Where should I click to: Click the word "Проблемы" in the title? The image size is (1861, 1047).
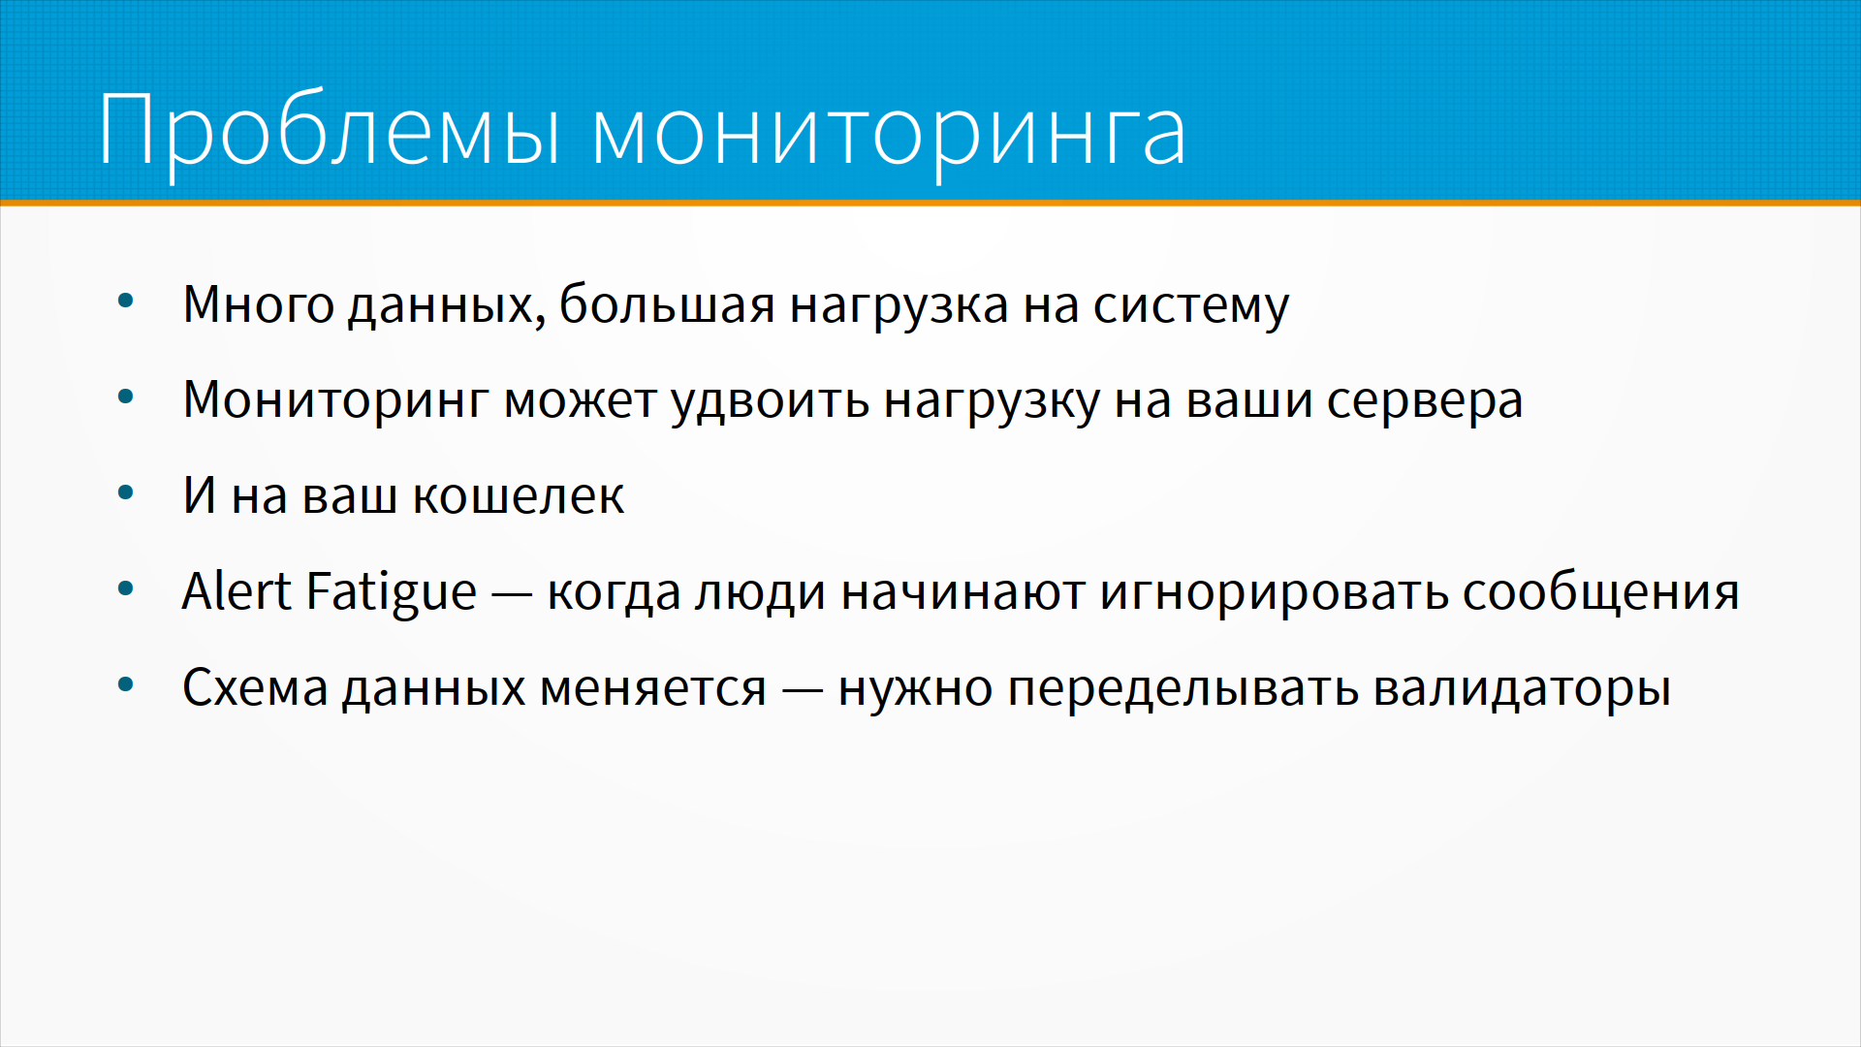(330, 132)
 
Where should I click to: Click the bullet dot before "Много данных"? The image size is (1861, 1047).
(125, 301)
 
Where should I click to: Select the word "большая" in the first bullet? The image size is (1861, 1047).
(667, 304)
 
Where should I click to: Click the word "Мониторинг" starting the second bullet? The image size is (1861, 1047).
(335, 400)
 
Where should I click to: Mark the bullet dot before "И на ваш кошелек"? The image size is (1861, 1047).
(125, 492)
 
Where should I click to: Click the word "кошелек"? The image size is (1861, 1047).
(519, 496)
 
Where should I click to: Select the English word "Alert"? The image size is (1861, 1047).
(237, 591)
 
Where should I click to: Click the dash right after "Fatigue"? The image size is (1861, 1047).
(512, 595)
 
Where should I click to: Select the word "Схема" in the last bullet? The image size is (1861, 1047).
(256, 687)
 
